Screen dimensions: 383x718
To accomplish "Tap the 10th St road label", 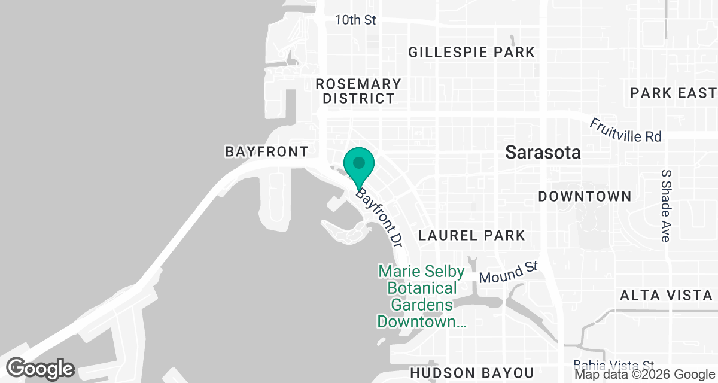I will [355, 20].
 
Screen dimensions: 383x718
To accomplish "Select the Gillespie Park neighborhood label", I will [471, 53].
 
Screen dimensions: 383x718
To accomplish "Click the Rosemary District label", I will [358, 91].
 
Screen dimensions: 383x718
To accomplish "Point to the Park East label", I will [673, 93].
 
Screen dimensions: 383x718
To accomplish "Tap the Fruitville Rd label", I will [625, 130].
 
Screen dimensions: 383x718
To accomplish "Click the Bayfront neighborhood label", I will [266, 152].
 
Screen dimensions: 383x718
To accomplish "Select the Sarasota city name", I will [543, 152].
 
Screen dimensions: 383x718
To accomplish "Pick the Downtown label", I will [585, 196].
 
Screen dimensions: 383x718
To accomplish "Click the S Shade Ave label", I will [665, 205].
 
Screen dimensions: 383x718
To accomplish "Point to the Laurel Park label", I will [471, 235].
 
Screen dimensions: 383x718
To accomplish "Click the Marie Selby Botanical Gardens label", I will [421, 297].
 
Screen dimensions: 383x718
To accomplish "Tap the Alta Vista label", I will [666, 295].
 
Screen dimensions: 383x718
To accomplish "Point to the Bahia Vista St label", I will [613, 364].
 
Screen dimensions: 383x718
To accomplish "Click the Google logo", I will [41, 367].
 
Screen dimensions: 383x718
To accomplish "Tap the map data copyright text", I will [644, 375].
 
